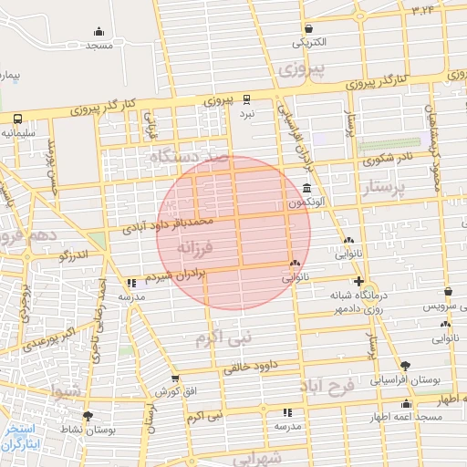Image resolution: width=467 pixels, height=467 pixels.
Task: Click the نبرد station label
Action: (247, 114)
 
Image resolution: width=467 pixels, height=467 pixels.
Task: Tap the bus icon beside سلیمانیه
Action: (18, 118)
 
